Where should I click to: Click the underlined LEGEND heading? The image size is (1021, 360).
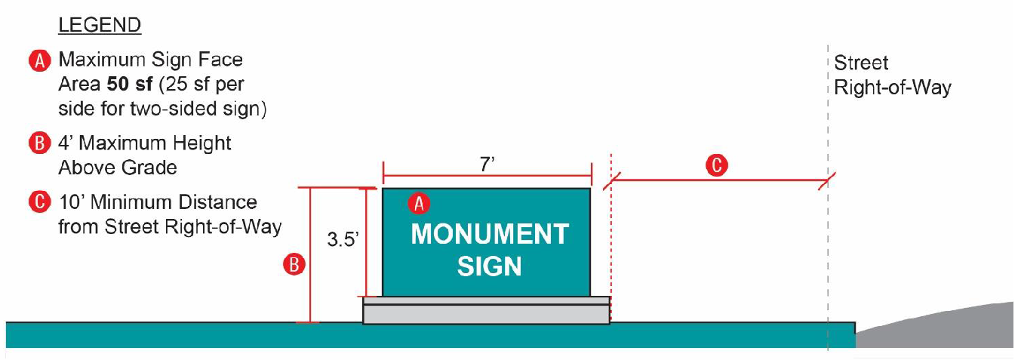click(x=100, y=25)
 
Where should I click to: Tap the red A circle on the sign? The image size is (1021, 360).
click(x=419, y=203)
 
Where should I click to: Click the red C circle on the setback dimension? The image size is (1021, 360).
click(x=719, y=165)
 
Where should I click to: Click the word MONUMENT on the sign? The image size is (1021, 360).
click(x=489, y=235)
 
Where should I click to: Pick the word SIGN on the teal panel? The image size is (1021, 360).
click(x=489, y=266)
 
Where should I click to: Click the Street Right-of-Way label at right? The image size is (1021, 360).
click(x=891, y=75)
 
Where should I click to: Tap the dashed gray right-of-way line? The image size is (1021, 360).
click(x=828, y=249)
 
